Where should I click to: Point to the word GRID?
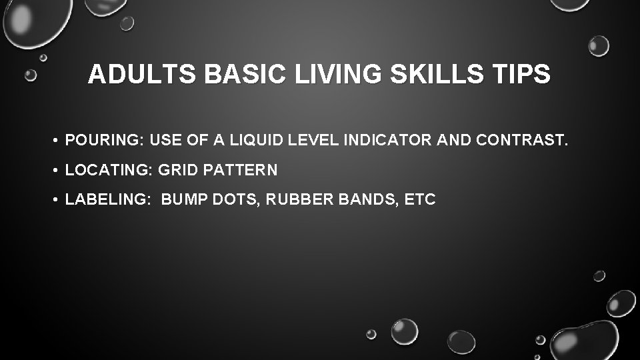(x=175, y=170)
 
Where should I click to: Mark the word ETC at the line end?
(x=421, y=200)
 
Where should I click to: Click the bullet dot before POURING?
(x=59, y=140)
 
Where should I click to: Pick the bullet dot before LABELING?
(x=59, y=200)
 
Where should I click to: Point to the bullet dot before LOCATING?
(x=59, y=170)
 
